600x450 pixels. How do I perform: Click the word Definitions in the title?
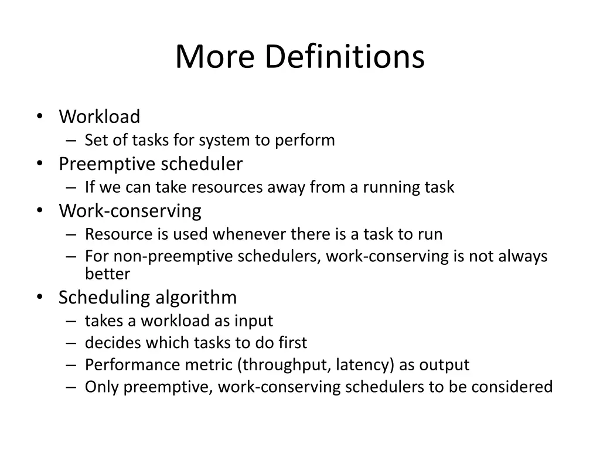[345, 57]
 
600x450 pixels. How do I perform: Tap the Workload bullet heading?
[99, 117]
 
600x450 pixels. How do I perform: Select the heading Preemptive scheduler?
[150, 164]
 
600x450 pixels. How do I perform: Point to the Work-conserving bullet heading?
[129, 210]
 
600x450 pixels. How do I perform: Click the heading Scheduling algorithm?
[148, 297]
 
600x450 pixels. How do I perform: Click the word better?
[107, 274]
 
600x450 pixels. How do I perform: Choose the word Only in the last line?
[102, 387]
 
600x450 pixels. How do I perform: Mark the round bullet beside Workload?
[39, 116]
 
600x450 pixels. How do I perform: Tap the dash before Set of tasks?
[71, 141]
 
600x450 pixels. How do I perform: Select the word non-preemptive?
[156, 257]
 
